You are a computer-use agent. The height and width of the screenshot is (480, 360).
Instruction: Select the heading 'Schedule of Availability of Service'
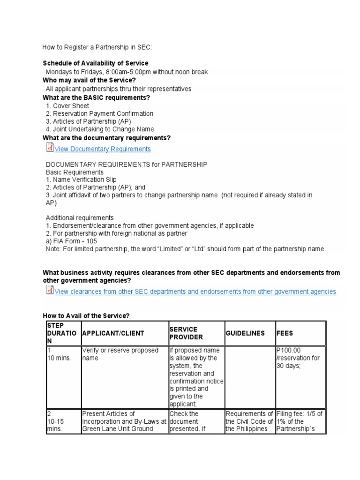tap(96, 63)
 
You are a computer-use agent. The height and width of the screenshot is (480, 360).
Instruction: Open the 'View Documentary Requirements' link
tap(103, 149)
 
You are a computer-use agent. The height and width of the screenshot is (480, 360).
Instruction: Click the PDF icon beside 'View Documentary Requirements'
tap(50, 148)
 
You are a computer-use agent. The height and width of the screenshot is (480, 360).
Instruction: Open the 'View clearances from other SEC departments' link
tap(195, 292)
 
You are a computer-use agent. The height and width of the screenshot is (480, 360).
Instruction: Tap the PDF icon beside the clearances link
tap(50, 290)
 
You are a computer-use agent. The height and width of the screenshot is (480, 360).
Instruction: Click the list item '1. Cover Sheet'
tap(67, 105)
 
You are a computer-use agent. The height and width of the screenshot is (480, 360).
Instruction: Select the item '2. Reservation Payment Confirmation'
tap(99, 113)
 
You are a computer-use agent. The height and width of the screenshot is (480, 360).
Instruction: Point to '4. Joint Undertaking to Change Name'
tap(100, 129)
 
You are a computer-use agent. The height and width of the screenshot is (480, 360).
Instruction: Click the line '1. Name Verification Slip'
tap(81, 180)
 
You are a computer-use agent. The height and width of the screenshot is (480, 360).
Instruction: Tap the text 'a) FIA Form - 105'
tap(72, 241)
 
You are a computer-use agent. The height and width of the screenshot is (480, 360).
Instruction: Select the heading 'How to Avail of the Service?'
tap(85, 316)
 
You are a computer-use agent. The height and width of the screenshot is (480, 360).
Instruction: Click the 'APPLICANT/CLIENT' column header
tap(113, 333)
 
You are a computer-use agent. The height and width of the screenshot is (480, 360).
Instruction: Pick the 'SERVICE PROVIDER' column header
tap(186, 333)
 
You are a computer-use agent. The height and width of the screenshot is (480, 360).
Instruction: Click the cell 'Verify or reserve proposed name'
tap(120, 354)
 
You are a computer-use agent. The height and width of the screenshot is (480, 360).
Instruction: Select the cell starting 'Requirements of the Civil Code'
tap(249, 421)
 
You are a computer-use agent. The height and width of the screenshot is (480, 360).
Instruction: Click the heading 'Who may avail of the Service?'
tap(89, 80)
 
